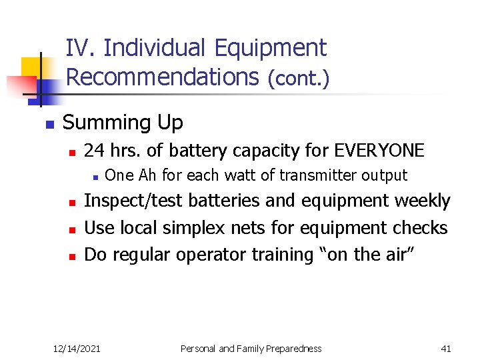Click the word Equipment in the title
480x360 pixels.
click(x=271, y=49)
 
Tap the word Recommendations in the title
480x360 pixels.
click(x=163, y=77)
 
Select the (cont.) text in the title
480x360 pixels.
click(x=298, y=78)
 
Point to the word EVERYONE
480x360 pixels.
click(x=379, y=151)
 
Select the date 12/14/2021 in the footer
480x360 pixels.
click(x=77, y=348)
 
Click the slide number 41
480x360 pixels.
click(x=446, y=348)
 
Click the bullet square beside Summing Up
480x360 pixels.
click(x=48, y=125)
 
